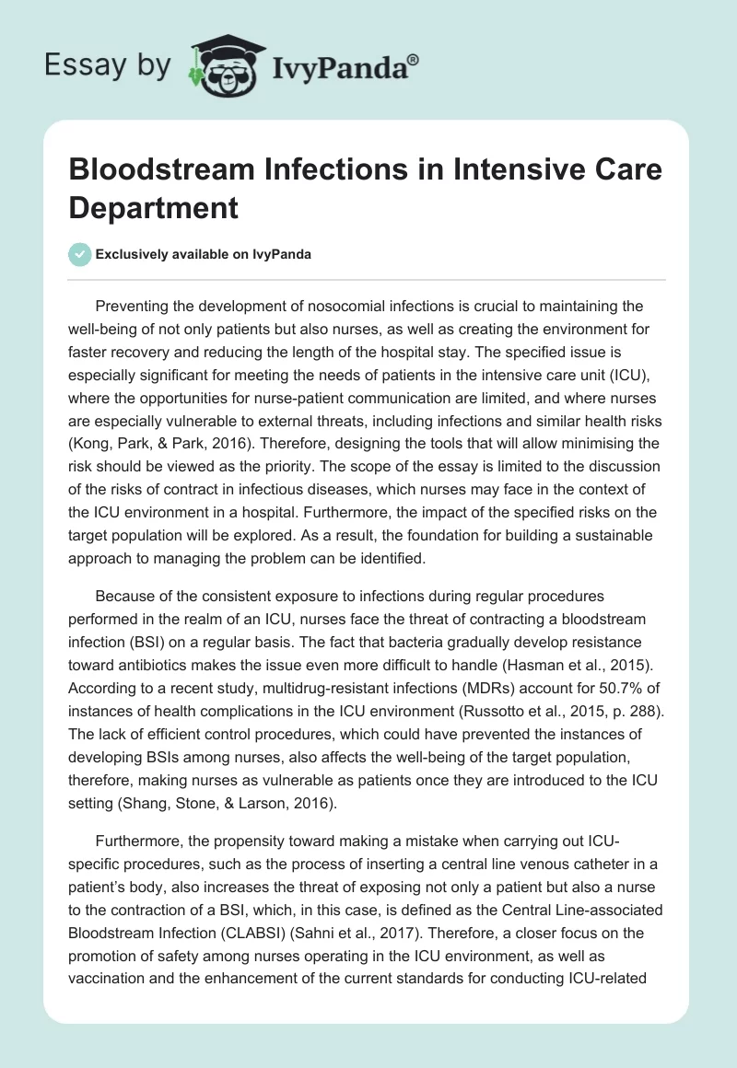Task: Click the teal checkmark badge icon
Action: click(x=80, y=254)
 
